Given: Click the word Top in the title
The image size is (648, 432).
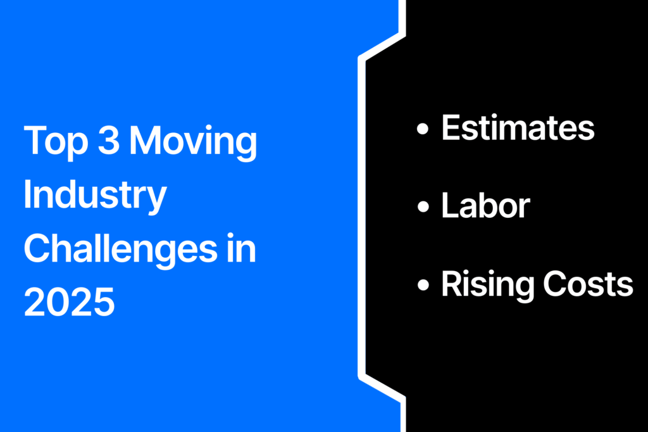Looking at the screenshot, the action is pos(56,141).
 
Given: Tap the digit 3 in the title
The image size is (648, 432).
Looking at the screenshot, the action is pos(109,140).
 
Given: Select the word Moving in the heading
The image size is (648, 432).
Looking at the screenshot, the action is pos(194,141).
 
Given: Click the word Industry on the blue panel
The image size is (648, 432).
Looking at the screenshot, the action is pos(95,196).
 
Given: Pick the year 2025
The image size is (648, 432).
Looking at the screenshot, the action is pos(69,302).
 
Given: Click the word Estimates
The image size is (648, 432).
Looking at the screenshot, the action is pos(518,128).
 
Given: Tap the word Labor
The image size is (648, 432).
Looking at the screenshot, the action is pos(485,205).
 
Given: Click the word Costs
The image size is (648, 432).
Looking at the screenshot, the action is pos(588,284).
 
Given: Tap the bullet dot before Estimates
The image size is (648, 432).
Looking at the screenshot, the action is pos(423,129).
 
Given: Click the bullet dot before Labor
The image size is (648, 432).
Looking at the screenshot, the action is pos(423,206).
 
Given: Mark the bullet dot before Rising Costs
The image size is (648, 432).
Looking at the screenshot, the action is pos(423,284).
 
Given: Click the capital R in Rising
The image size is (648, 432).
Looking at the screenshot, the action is pos(453,283).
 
